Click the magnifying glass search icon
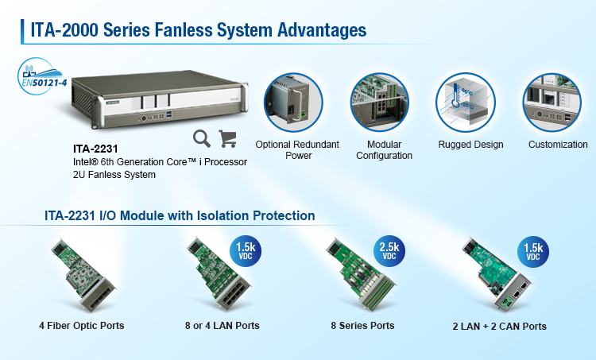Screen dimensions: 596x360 coord(202,138)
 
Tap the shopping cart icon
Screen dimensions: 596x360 coord(228,138)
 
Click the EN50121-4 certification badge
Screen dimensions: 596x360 coord(41,76)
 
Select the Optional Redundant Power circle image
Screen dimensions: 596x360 coord(293,103)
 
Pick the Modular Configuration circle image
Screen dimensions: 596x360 coord(380,103)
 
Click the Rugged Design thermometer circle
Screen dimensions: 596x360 coord(466,103)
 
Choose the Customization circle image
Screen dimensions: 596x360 coord(552,103)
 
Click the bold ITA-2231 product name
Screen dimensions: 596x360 coord(95,149)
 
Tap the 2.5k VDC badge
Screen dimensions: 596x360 coord(389,250)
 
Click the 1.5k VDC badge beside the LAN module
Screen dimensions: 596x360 coord(246,250)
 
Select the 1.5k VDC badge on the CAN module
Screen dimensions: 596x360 coord(533,251)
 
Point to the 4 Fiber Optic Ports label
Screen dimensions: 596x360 coord(82,326)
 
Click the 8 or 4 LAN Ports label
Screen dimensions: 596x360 coord(223,326)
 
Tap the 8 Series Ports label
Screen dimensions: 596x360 coord(362,326)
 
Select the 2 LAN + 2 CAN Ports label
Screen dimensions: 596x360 coord(500,327)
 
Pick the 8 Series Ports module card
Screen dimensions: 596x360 coord(361,274)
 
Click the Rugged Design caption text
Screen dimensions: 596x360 coord(470,145)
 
